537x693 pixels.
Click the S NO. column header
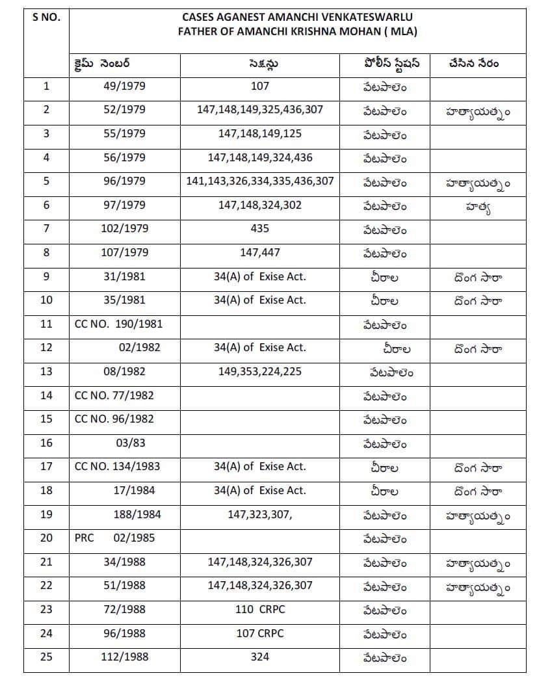pyautogui.click(x=46, y=18)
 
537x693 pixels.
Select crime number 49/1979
pyautogui.click(x=124, y=86)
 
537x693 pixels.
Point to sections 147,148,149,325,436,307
pyautogui.click(x=259, y=109)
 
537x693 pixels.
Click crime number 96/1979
pyautogui.click(x=124, y=181)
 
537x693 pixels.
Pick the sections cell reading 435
pyautogui.click(x=259, y=229)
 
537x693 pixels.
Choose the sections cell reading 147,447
pyautogui.click(x=259, y=252)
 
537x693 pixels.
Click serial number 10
pyautogui.click(x=46, y=300)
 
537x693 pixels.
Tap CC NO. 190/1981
pyautogui.click(x=118, y=324)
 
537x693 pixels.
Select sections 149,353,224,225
pyautogui.click(x=259, y=372)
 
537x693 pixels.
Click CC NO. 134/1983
pyautogui.click(x=117, y=466)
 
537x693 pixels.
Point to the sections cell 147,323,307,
pyautogui.click(x=260, y=514)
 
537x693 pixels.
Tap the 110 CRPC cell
pyautogui.click(x=259, y=609)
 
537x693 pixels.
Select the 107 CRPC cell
pyautogui.click(x=259, y=633)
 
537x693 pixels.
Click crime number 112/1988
pyautogui.click(x=124, y=657)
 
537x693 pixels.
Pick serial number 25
pyautogui.click(x=46, y=657)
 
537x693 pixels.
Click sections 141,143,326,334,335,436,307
pyautogui.click(x=259, y=181)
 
